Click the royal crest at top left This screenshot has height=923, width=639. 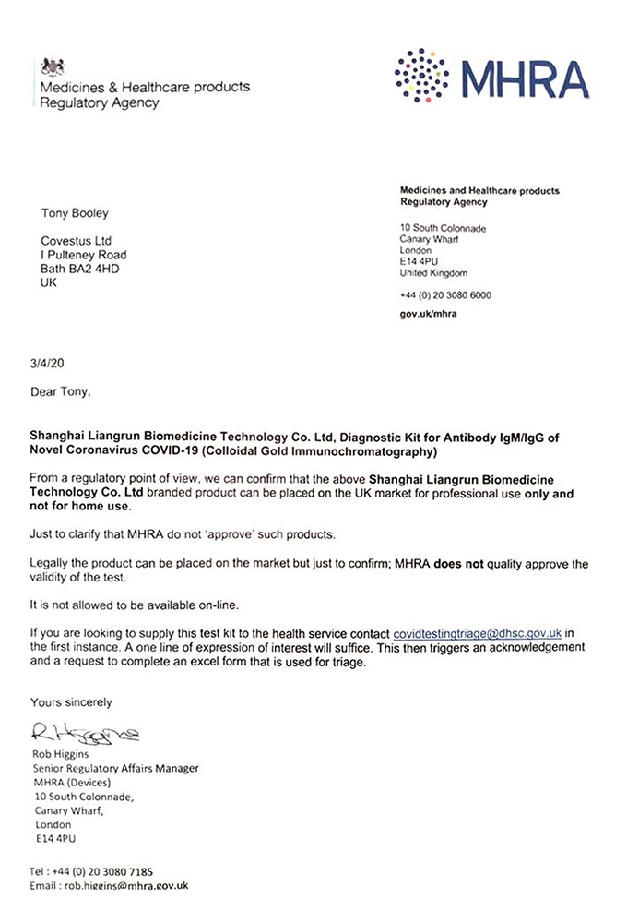53,67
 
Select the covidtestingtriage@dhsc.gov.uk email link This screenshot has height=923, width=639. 479,634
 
